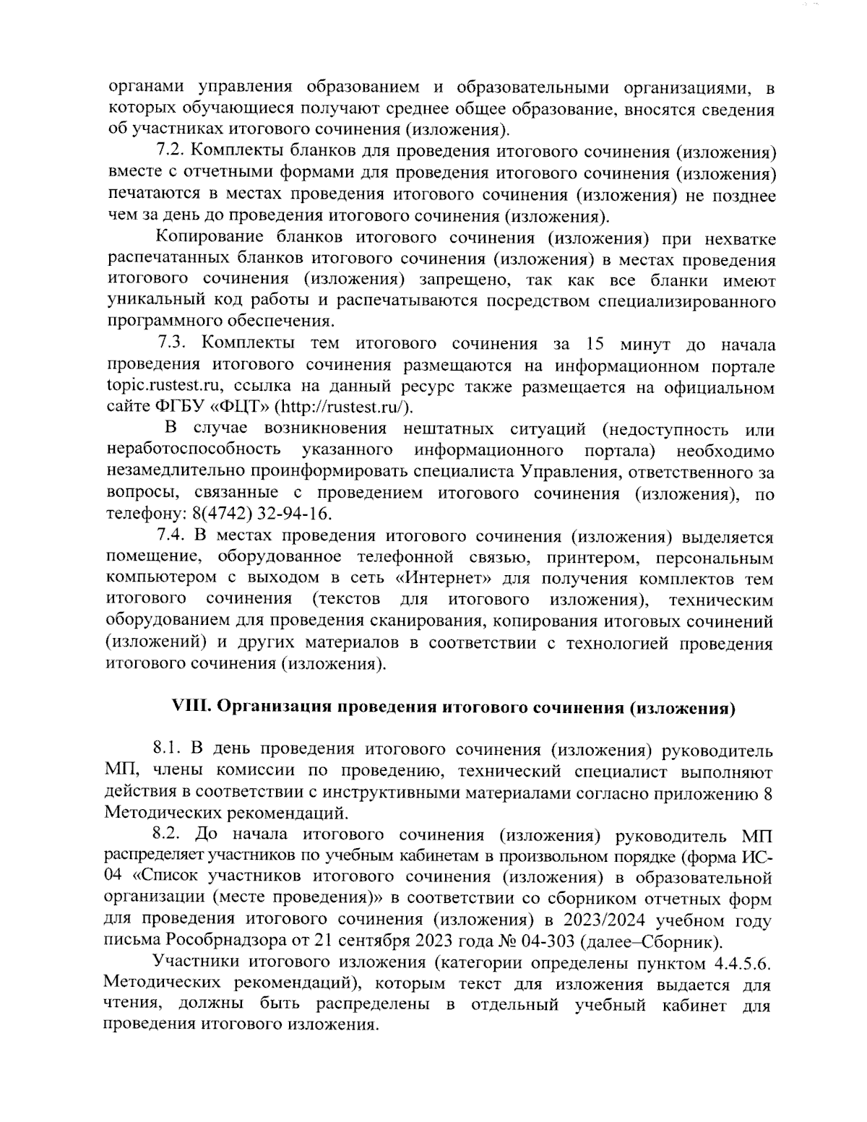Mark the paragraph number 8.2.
(x=168, y=834)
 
